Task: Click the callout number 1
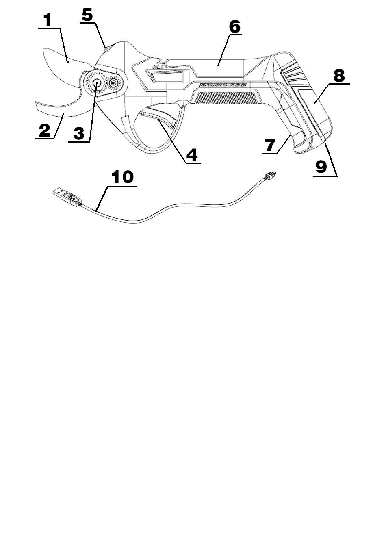48,20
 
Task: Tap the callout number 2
44,130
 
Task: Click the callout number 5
87,15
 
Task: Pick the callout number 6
234,26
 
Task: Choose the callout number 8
338,75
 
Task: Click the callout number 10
122,177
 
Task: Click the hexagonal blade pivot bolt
98,82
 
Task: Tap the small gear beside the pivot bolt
114,83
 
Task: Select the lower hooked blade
61,108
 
